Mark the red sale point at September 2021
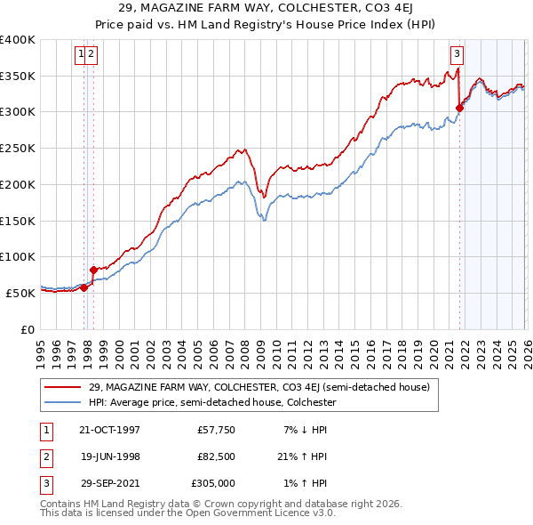click(x=460, y=108)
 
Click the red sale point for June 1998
click(x=93, y=269)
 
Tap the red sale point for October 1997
click(x=84, y=287)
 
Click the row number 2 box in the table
click(x=43, y=456)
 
